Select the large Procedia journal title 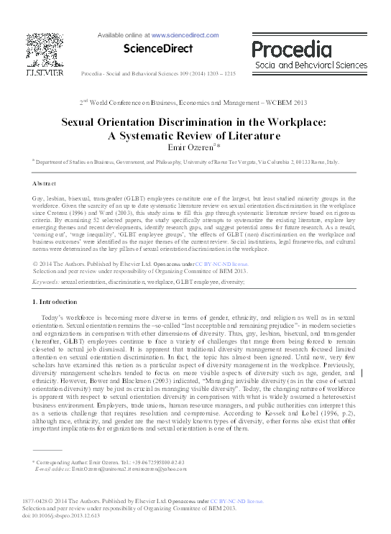pos(305,48)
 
